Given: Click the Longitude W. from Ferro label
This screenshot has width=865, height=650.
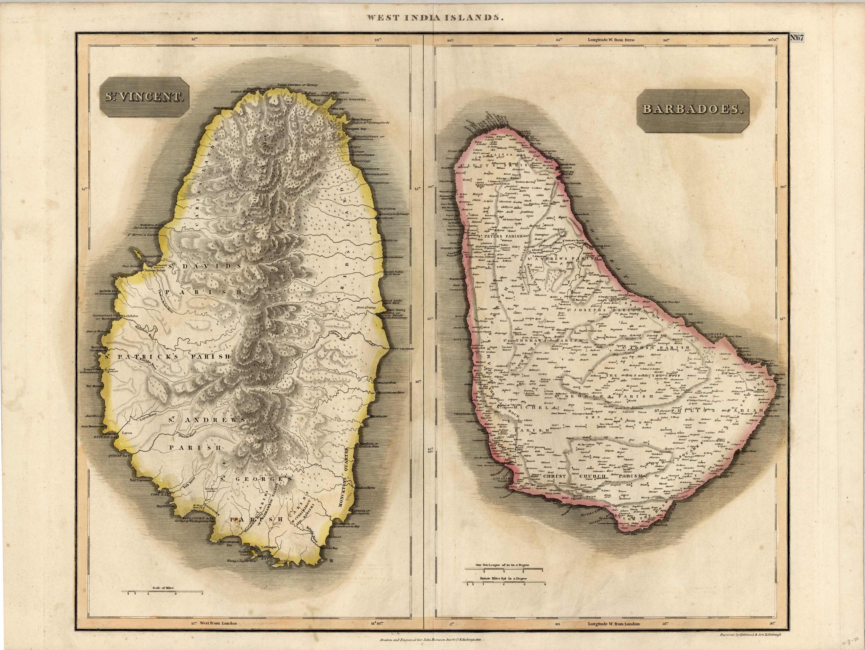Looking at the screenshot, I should [611, 40].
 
